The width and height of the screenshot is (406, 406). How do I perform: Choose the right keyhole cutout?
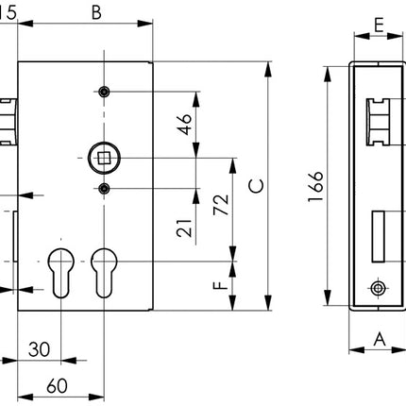click(x=103, y=274)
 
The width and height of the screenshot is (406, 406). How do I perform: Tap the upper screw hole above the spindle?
click(x=103, y=92)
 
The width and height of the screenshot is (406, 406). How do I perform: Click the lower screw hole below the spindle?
click(x=103, y=190)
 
